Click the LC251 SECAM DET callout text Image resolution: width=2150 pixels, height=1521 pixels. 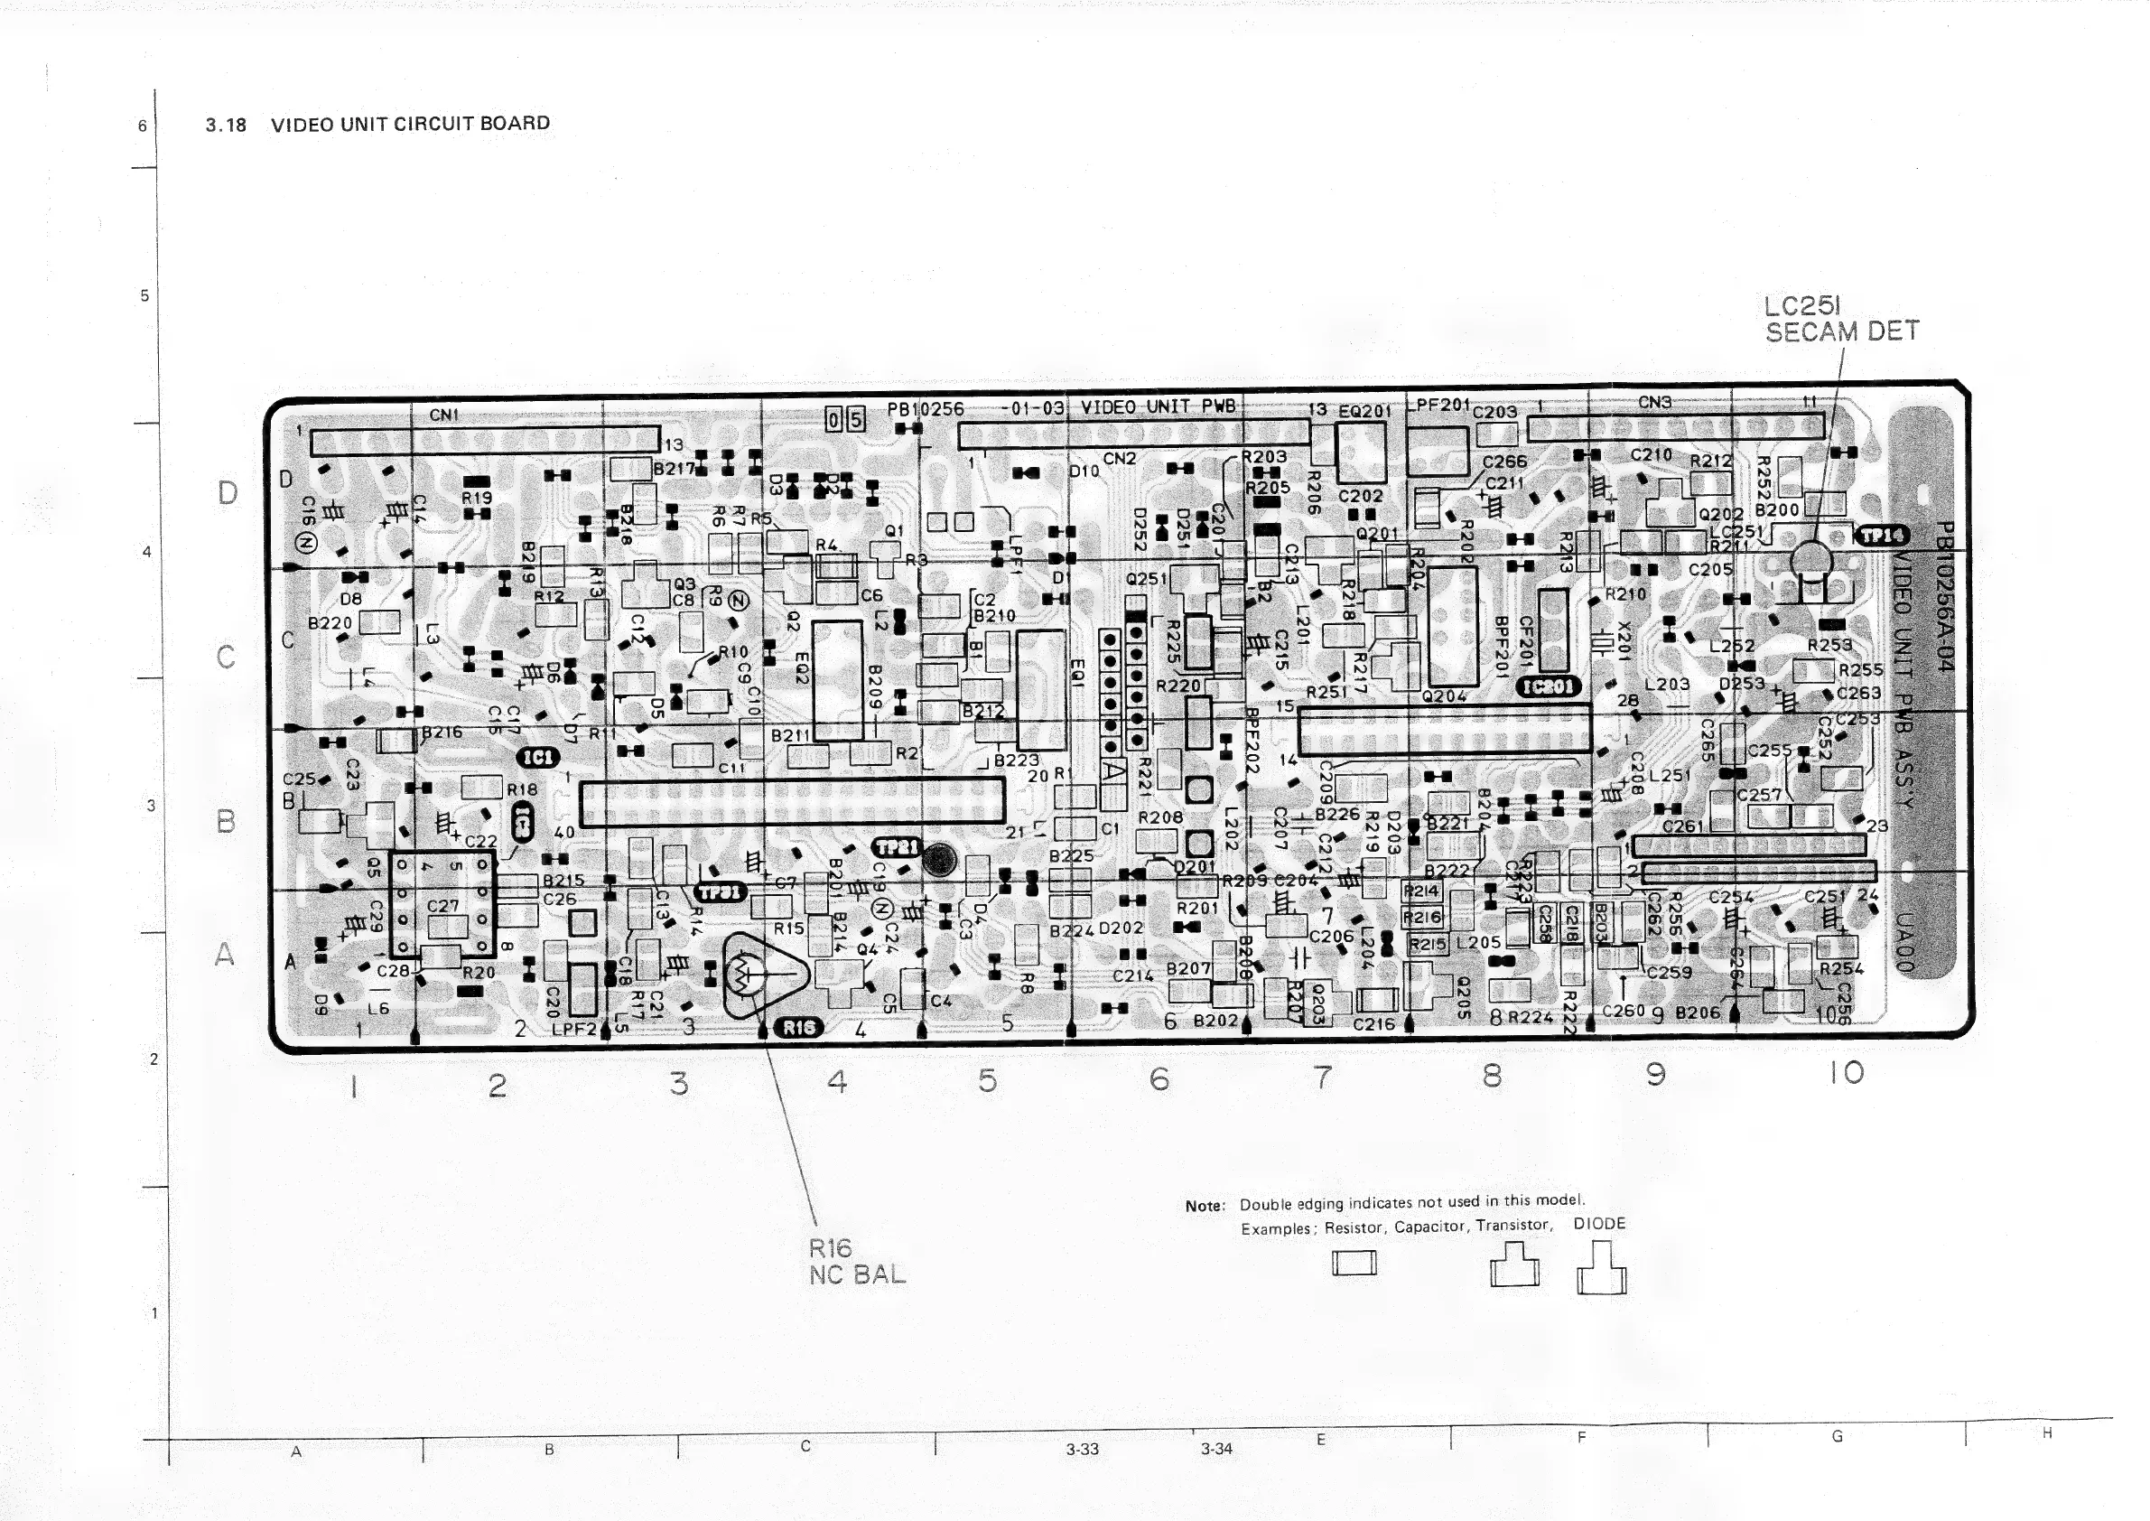tap(1840, 320)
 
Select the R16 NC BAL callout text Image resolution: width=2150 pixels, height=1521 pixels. tap(856, 1261)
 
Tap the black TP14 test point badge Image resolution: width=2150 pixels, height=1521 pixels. tap(1882, 535)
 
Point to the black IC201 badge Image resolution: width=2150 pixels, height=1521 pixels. tap(1548, 686)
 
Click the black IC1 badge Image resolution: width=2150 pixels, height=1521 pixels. tap(538, 757)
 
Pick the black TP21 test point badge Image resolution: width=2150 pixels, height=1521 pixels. tap(897, 846)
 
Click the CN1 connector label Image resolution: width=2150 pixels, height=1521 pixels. tap(444, 415)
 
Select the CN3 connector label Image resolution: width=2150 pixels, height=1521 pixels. tap(1653, 403)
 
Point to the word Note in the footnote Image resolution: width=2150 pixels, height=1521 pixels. tap(1205, 1207)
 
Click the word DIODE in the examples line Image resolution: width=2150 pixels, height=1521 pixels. tap(1599, 1223)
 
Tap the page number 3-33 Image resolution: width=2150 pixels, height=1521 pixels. tap(1082, 1449)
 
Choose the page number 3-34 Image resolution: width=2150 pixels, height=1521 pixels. tap(1216, 1449)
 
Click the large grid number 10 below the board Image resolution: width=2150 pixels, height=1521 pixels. tap(1846, 1072)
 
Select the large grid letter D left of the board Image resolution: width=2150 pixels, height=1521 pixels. tap(227, 492)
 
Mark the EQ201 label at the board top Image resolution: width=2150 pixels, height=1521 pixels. tap(1364, 411)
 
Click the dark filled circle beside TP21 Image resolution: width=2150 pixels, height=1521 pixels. tap(939, 859)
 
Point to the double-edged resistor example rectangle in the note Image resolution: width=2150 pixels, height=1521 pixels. tap(1354, 1264)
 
